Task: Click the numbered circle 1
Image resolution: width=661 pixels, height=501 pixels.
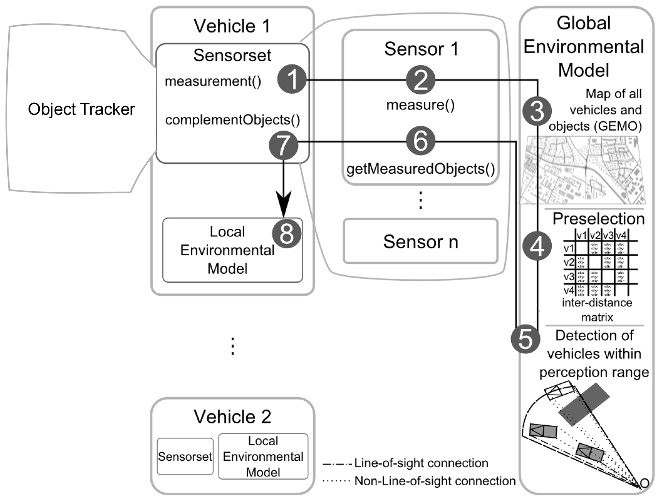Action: point(292,79)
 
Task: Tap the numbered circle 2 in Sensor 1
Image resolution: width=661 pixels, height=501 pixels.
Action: point(421,80)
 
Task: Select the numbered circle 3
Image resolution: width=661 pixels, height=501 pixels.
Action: point(537,111)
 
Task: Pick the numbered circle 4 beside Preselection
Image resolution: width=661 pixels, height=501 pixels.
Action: point(537,246)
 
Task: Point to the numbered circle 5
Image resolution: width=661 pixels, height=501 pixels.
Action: point(525,339)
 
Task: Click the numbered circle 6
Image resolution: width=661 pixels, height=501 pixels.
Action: point(421,141)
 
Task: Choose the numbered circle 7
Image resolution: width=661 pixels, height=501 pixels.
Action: point(284,145)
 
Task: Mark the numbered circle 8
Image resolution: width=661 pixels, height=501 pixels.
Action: point(287,233)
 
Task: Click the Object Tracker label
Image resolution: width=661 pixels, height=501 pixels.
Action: point(81,109)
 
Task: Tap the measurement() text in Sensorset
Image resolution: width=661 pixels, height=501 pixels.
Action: point(213,81)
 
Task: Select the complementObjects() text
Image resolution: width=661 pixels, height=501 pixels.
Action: point(232,120)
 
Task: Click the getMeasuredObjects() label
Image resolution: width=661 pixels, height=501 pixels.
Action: point(421,169)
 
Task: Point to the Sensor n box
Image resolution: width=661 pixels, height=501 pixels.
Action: point(421,241)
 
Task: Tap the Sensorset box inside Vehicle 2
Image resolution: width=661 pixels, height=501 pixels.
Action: point(185,456)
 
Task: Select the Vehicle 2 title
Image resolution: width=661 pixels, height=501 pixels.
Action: point(232,417)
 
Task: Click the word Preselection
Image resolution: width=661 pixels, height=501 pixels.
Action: point(598,219)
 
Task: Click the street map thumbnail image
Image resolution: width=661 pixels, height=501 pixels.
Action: point(583,170)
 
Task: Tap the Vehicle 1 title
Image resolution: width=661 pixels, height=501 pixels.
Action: point(232,26)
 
